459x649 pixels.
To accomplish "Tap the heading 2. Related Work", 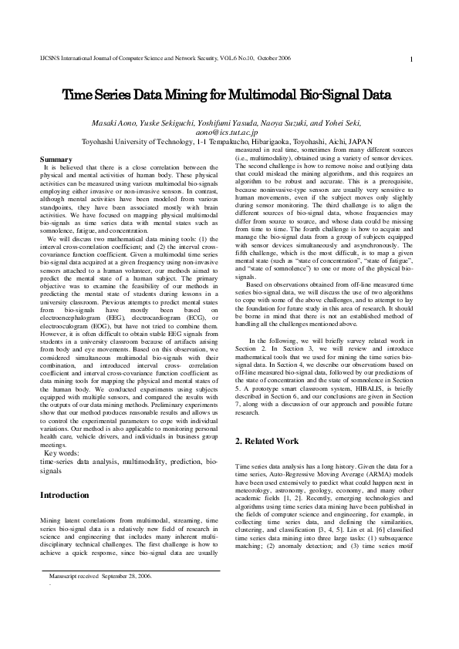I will coord(267,442).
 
